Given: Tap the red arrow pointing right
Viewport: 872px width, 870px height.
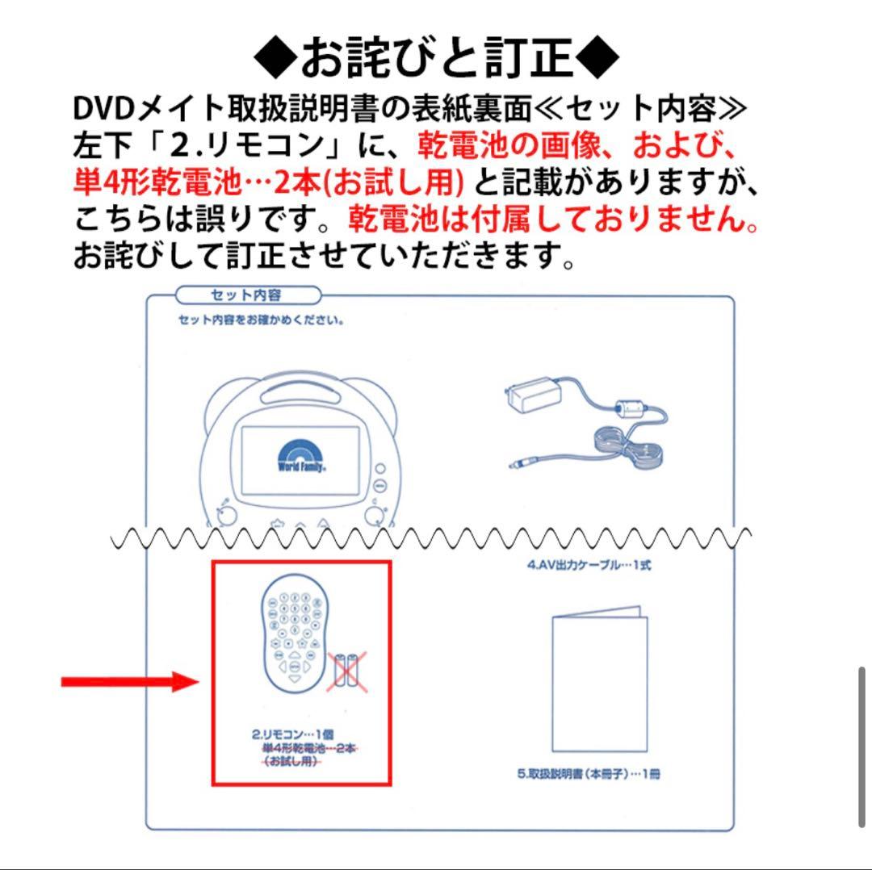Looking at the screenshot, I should coord(129,682).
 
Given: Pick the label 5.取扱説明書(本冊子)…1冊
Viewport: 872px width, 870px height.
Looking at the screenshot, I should coord(589,774).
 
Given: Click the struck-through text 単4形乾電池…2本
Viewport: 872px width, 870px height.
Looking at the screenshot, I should coord(309,749).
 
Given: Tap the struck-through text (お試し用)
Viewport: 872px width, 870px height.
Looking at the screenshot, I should coord(290,763).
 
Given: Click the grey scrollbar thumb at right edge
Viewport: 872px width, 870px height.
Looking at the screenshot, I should coord(862,747).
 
